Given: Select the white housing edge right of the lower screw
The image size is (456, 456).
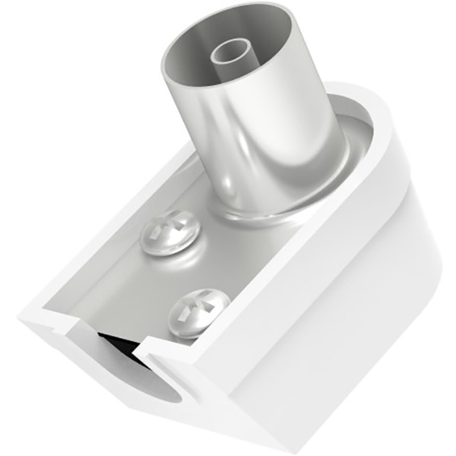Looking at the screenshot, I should pos(251,319).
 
